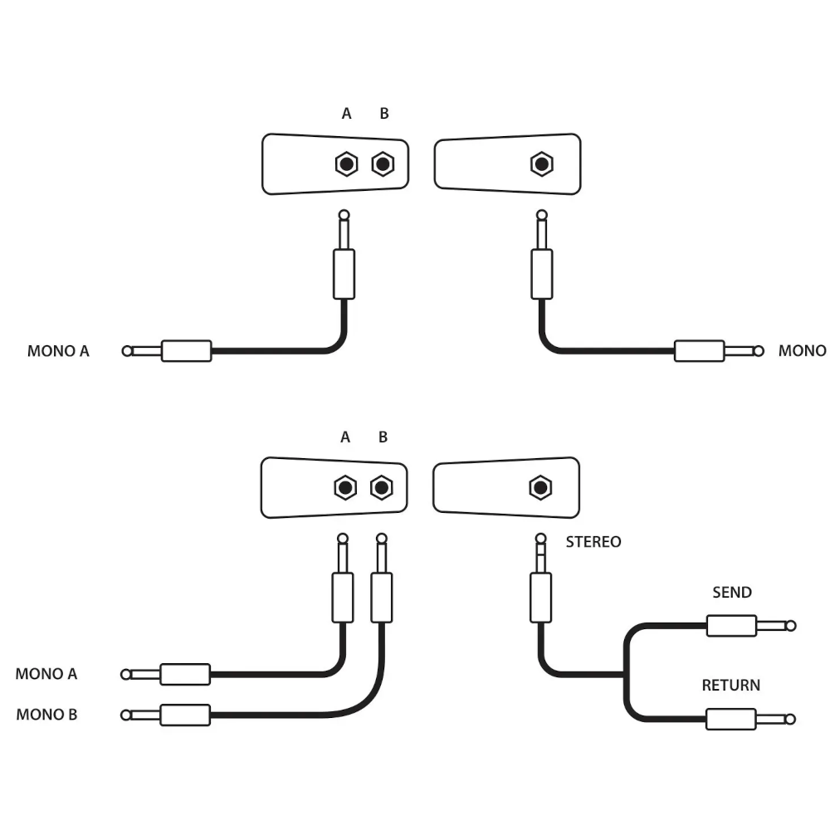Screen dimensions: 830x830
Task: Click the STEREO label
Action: (593, 542)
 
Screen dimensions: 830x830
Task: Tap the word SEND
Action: (732, 593)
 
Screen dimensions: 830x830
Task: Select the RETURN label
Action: (730, 686)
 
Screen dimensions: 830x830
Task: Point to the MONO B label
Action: (46, 714)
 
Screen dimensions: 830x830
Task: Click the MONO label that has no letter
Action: (802, 350)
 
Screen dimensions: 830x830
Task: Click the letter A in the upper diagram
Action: (347, 114)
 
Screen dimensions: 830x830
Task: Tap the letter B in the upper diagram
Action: (383, 114)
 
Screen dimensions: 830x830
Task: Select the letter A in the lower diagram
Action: (345, 437)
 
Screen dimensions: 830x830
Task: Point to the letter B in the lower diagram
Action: (383, 437)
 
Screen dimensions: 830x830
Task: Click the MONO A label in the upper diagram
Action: (58, 350)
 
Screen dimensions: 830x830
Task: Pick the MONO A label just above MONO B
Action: (46, 674)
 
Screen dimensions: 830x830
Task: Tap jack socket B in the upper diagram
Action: (382, 164)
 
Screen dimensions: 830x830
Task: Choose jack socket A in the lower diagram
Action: (344, 486)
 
